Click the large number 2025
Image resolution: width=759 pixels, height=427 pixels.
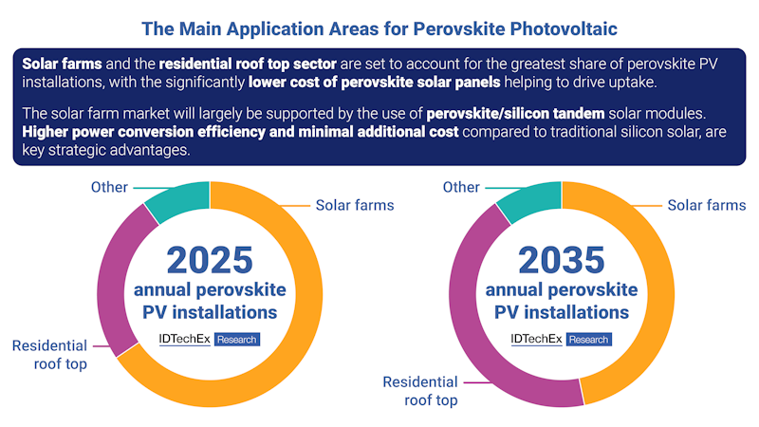pyautogui.click(x=210, y=260)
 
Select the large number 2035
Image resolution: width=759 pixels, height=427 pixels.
pyautogui.click(x=562, y=260)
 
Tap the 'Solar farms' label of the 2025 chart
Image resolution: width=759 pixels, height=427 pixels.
pyautogui.click(x=354, y=205)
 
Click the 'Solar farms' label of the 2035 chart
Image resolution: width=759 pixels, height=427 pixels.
pyautogui.click(x=706, y=205)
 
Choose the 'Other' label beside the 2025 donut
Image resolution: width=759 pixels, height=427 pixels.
pyautogui.click(x=109, y=187)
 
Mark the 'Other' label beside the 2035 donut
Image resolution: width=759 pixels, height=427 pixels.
pyautogui.click(x=461, y=187)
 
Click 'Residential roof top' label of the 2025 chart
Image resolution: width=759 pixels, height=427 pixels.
pyautogui.click(x=49, y=355)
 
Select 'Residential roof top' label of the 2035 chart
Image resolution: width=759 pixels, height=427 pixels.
pyautogui.click(x=420, y=391)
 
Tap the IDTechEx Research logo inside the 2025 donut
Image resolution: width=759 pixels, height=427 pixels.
pyautogui.click(x=209, y=339)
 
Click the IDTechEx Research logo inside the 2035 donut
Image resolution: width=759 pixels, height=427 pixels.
pyautogui.click(x=561, y=339)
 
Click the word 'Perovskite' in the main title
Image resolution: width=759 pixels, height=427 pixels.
pyautogui.click(x=469, y=29)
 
